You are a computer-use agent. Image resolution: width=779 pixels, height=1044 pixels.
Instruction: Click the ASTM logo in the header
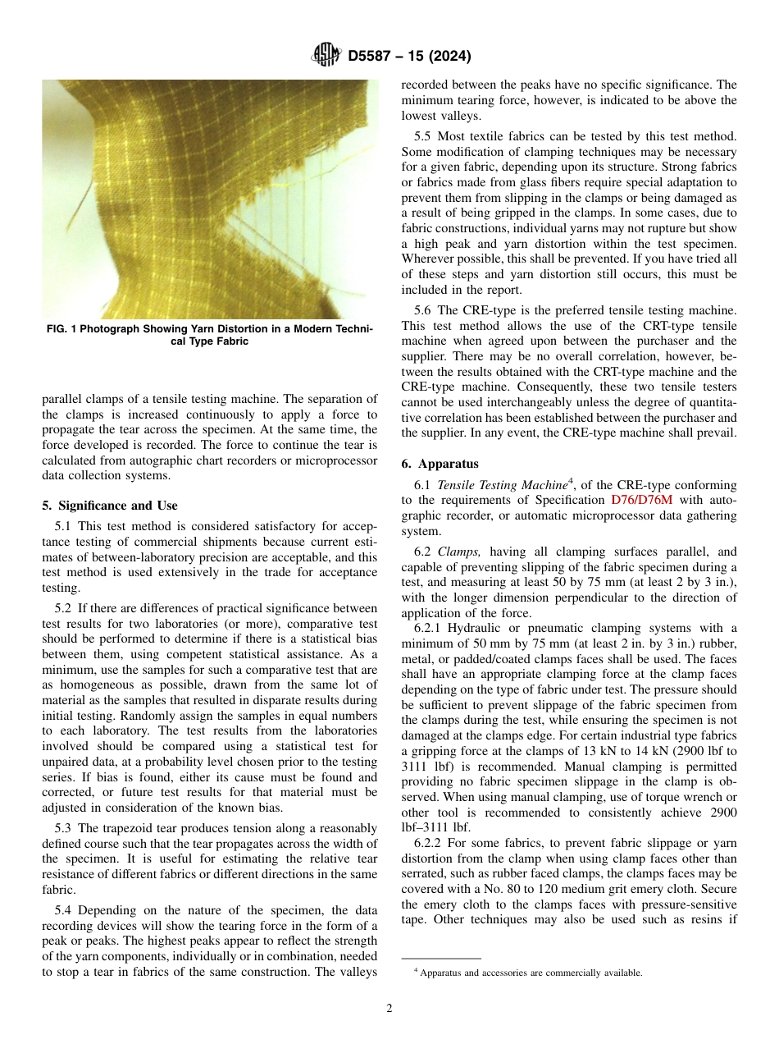pyautogui.click(x=327, y=57)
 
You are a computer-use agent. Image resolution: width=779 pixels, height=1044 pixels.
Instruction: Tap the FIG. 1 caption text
pyautogui.click(x=210, y=335)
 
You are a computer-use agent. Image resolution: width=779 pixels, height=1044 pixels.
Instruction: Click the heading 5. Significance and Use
pyautogui.click(x=110, y=506)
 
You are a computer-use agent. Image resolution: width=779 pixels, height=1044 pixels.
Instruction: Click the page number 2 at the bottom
pyautogui.click(x=389, y=1009)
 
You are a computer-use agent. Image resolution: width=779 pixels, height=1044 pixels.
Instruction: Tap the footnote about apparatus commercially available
pyautogui.click(x=528, y=973)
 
